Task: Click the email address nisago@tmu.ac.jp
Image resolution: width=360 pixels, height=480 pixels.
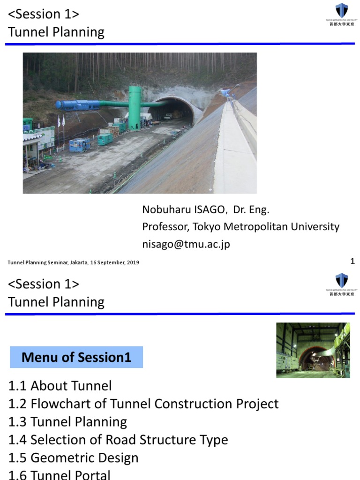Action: point(186,244)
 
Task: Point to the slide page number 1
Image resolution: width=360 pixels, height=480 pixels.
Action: point(352,261)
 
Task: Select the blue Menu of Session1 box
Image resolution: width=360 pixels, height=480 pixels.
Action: point(76,358)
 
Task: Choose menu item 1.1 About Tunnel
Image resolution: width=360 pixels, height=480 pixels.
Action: point(60,386)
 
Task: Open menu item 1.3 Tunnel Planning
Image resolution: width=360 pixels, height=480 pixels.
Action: point(67,422)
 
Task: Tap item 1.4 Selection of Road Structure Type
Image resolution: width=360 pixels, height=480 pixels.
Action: point(118,440)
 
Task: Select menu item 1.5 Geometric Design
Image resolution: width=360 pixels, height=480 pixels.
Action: point(73,458)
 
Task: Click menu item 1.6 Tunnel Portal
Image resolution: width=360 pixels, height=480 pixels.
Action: point(60,474)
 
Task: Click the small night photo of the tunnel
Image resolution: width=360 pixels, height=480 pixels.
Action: point(313,350)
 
